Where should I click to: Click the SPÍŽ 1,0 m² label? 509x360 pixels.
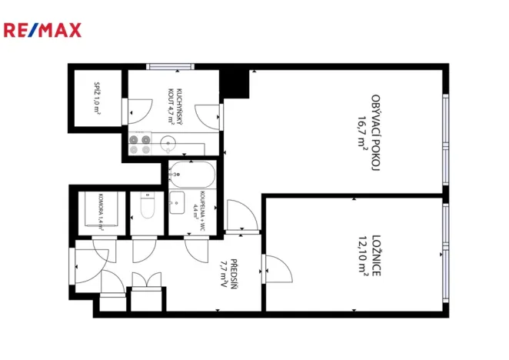[98, 100]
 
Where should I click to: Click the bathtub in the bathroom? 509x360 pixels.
[193, 175]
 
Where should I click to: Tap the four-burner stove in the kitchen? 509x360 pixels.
[139, 145]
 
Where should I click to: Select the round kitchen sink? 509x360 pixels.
[168, 142]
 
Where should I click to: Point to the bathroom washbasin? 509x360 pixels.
[177, 204]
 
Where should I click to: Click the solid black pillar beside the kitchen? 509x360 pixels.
[236, 82]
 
